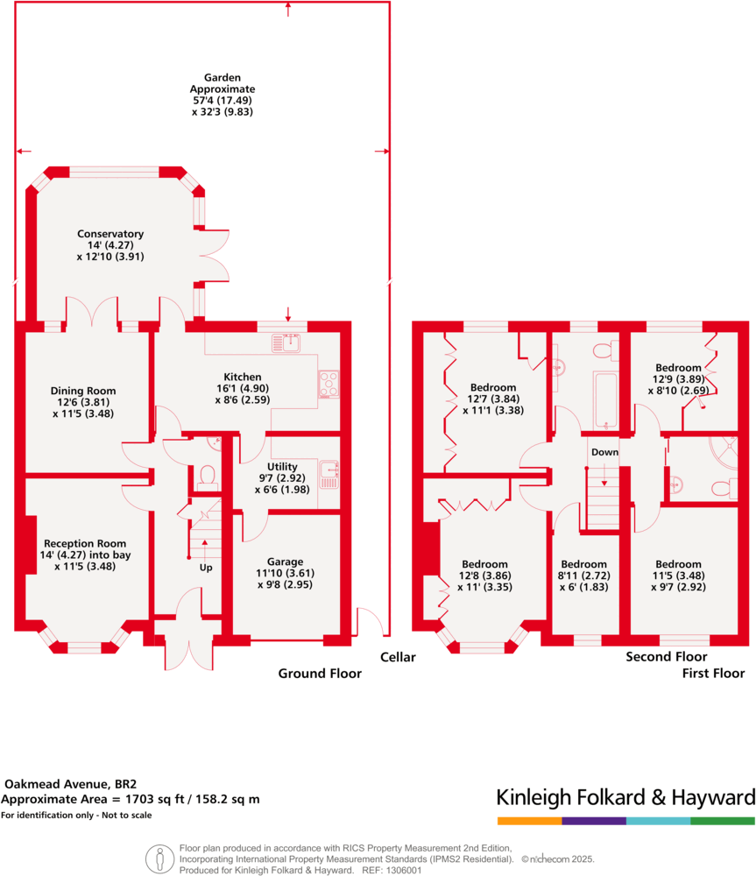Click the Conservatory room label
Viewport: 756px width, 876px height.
click(x=110, y=234)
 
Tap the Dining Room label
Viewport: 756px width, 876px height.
click(x=83, y=391)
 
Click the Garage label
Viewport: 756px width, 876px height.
click(x=286, y=562)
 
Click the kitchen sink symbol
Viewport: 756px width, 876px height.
click(x=286, y=343)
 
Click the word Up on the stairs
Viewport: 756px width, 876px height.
click(x=206, y=568)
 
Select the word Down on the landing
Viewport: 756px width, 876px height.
click(x=604, y=452)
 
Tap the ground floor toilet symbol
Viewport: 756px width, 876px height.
click(x=208, y=474)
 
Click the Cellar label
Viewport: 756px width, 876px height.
click(x=398, y=657)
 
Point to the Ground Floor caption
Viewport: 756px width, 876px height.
click(x=320, y=674)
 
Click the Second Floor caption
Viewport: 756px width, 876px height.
click(x=667, y=657)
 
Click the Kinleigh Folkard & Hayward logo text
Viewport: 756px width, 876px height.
click(x=625, y=798)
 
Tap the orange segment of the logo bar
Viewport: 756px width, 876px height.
click(x=529, y=821)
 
